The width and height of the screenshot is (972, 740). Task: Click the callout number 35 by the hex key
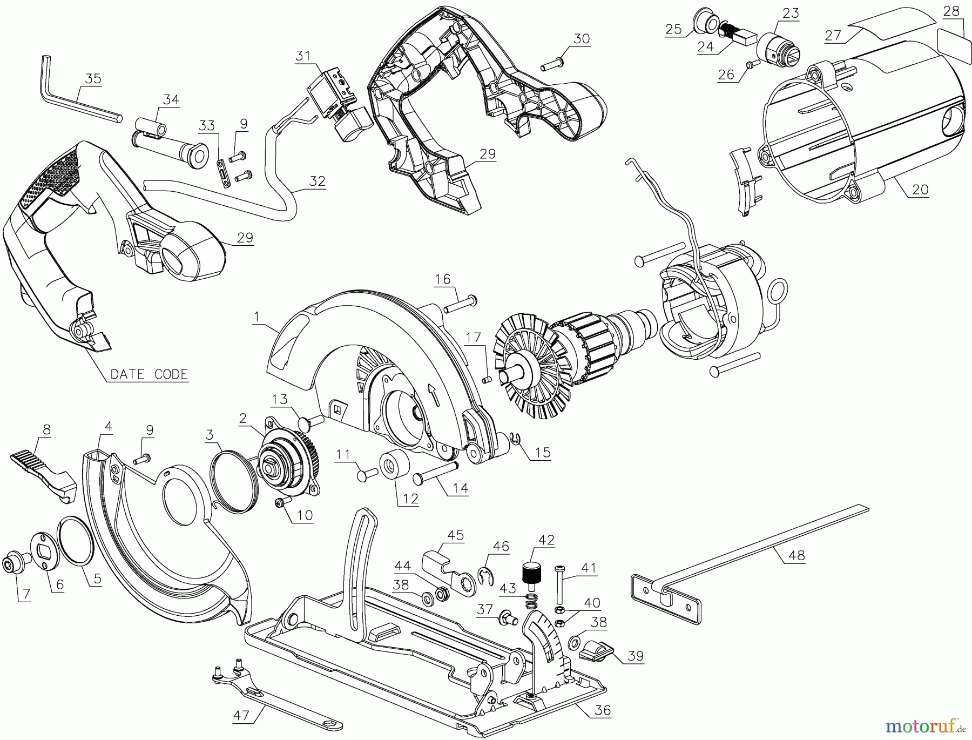pos(93,78)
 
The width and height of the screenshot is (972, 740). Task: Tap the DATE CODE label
pos(149,374)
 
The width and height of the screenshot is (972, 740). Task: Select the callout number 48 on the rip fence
pos(796,555)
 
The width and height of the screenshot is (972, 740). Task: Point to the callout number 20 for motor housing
pos(920,189)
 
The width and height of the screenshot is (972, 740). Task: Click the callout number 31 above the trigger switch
pos(303,55)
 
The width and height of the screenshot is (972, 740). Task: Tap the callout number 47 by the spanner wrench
pos(241,716)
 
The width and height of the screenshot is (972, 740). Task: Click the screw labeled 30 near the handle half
pos(552,65)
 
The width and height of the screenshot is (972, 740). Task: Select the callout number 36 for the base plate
pos(602,710)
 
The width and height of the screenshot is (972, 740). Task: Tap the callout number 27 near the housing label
pos(833,35)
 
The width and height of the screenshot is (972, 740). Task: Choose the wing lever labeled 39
pos(594,650)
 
